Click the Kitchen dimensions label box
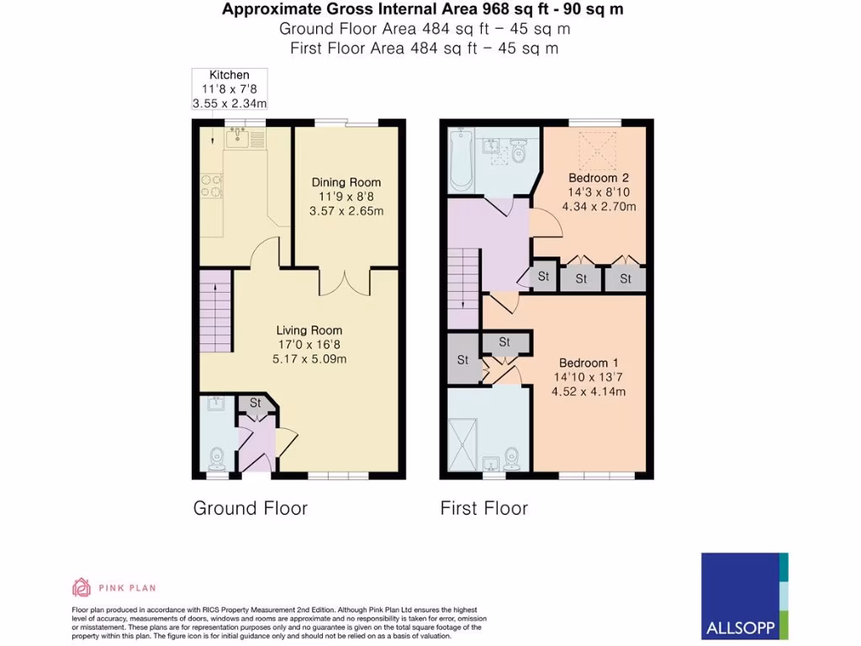(x=230, y=89)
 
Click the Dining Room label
(x=346, y=197)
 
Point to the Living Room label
(x=309, y=344)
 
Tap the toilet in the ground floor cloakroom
(x=217, y=458)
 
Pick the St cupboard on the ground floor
(x=256, y=404)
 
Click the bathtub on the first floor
(x=461, y=160)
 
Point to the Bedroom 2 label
(x=599, y=192)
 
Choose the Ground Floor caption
(x=250, y=508)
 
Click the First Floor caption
(x=483, y=508)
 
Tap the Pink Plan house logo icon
(x=82, y=587)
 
